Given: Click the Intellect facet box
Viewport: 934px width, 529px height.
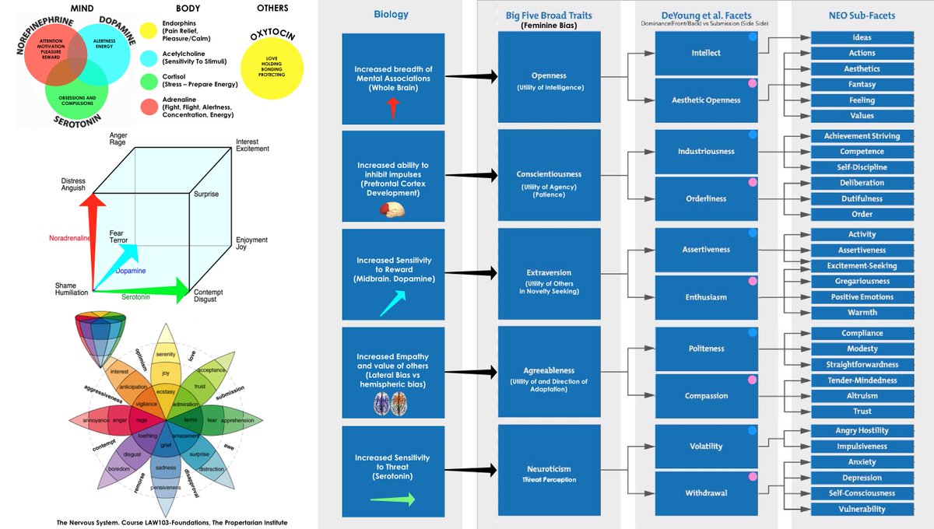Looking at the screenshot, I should click(x=705, y=53).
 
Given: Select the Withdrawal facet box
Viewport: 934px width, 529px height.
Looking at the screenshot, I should click(x=705, y=493).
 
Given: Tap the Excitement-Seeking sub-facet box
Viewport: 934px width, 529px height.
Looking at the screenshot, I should click(x=862, y=265).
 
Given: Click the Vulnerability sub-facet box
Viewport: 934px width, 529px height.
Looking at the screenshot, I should click(x=862, y=509).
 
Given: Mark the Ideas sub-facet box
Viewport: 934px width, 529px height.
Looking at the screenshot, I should click(x=862, y=37).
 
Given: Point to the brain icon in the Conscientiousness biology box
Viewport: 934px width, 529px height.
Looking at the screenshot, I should click(x=394, y=211).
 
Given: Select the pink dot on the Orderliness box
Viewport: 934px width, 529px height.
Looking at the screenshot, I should click(x=753, y=182).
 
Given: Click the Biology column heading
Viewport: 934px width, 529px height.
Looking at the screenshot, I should click(x=391, y=14).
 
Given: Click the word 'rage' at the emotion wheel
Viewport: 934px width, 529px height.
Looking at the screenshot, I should click(x=142, y=420).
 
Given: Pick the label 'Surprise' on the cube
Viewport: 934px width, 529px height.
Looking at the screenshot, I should click(x=206, y=194).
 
